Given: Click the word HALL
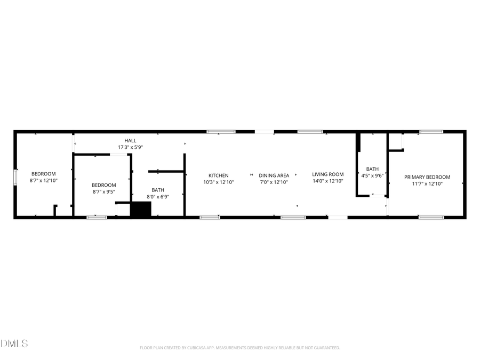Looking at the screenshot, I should (x=130, y=140).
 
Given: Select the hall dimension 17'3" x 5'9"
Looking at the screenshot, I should (x=130, y=147).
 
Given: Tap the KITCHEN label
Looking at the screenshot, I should (x=218, y=175).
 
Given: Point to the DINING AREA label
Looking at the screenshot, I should (x=274, y=175).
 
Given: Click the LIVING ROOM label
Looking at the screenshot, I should (x=327, y=174).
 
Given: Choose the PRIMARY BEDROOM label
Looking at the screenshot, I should (x=427, y=177).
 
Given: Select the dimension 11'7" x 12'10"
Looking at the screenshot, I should (x=427, y=184).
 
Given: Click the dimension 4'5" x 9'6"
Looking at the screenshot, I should (x=372, y=175).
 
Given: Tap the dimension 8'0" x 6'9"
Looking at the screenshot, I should (x=158, y=196).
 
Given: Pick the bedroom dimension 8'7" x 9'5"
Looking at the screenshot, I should (x=104, y=192).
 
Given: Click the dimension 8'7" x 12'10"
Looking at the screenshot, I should (x=43, y=181).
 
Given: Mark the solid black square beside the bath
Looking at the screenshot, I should (x=141, y=209).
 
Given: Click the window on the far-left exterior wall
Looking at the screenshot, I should (x=15, y=176).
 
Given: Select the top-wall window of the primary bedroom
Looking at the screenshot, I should (x=431, y=131).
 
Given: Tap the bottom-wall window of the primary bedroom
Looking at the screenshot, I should (x=431, y=217).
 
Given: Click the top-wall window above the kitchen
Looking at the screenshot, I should (x=221, y=131).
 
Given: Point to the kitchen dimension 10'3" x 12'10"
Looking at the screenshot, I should (x=218, y=182).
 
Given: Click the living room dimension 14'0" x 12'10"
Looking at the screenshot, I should (x=327, y=181).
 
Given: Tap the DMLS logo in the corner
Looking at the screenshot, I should (x=14, y=343).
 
